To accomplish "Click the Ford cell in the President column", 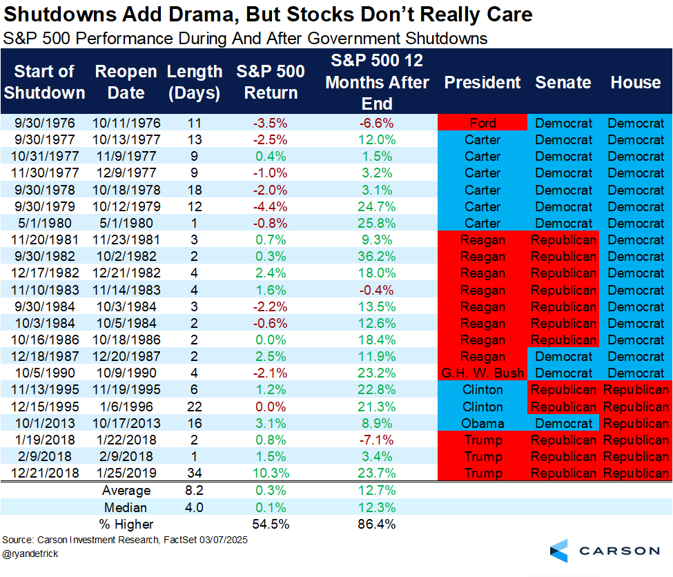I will (x=482, y=124).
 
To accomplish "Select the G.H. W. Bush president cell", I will (x=482, y=373).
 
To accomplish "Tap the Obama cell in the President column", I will (x=482, y=423).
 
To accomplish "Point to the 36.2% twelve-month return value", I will (x=377, y=257).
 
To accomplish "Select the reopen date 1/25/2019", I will (x=127, y=473).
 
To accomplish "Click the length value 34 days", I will (x=194, y=473).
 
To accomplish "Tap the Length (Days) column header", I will (x=195, y=82).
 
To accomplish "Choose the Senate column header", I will (x=563, y=83).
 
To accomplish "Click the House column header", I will (x=636, y=83).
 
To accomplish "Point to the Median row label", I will (x=127, y=507).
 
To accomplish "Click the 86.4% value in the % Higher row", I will (x=377, y=524).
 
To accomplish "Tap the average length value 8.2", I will (x=194, y=491).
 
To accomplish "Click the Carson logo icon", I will (x=559, y=551).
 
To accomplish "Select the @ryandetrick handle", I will (x=30, y=554).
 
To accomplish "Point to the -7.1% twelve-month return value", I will (x=377, y=440).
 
